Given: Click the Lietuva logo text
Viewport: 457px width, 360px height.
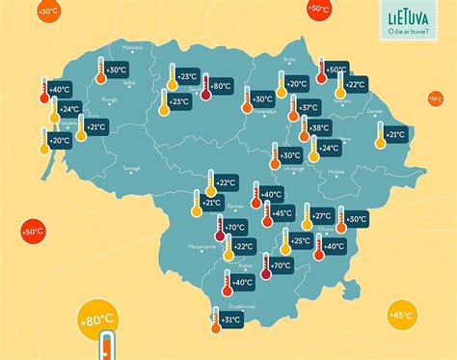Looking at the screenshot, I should click(x=405, y=16).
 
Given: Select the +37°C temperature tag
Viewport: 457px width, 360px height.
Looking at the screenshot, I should click(x=309, y=107).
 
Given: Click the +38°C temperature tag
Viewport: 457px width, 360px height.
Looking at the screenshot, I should click(x=319, y=127).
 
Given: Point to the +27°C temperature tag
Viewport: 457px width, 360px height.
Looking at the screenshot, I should click(x=322, y=216).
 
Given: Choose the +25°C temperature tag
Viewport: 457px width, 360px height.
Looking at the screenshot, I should click(x=301, y=240).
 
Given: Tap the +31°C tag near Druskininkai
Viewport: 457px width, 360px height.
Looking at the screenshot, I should click(x=230, y=319).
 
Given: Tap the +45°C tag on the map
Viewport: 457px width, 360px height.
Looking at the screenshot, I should click(x=282, y=213).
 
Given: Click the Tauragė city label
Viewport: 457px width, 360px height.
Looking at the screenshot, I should click(x=130, y=168).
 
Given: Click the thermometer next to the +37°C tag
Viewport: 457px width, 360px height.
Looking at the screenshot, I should click(x=290, y=111).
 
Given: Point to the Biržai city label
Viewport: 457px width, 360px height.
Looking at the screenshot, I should click(x=289, y=59).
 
